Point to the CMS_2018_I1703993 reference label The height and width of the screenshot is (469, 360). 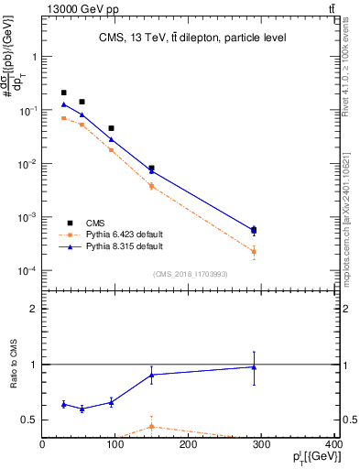tap(191, 273)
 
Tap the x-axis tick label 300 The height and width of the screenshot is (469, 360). tap(261, 445)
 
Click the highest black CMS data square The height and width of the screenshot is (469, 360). tap(63, 93)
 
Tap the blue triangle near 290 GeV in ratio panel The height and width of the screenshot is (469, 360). tap(254, 367)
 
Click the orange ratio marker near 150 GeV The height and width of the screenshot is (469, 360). tap(151, 426)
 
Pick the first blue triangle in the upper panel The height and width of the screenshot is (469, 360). tap(63, 104)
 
